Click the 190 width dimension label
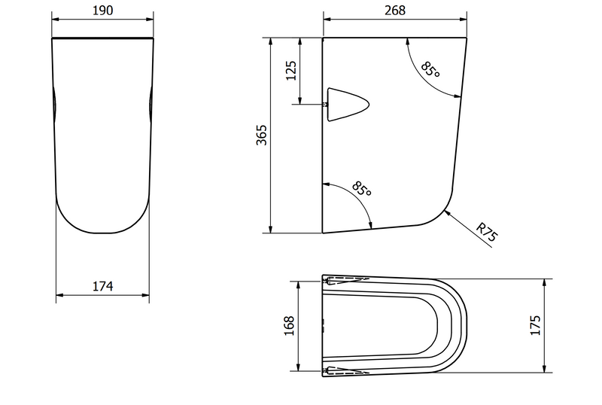click(103, 11)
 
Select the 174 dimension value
click(103, 286)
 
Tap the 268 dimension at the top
click(395, 11)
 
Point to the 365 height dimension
click(261, 135)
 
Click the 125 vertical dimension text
click(291, 71)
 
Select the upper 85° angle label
click(430, 69)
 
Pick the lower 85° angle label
click(362, 188)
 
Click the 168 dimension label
click(289, 326)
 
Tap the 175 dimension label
click(535, 325)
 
